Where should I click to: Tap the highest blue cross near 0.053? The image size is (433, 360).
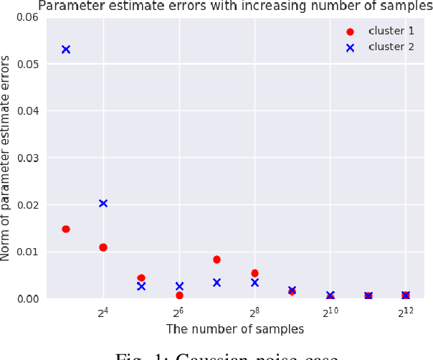(x=66, y=49)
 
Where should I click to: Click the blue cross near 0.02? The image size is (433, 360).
(x=103, y=204)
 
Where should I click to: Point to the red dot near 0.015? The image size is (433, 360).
(x=66, y=229)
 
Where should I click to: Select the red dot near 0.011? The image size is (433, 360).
(x=103, y=247)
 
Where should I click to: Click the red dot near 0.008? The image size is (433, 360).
(x=217, y=260)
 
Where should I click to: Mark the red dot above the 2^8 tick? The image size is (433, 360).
(x=254, y=273)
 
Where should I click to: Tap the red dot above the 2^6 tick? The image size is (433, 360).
(x=179, y=295)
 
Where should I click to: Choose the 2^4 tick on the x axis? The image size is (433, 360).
(x=103, y=312)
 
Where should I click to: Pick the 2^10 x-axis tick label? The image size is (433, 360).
(x=330, y=312)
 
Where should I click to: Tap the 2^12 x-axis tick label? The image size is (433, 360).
(x=406, y=312)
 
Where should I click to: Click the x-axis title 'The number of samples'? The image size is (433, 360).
(x=235, y=329)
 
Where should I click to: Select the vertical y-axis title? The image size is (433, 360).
(x=6, y=158)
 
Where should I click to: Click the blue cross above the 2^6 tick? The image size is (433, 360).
(x=179, y=286)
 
